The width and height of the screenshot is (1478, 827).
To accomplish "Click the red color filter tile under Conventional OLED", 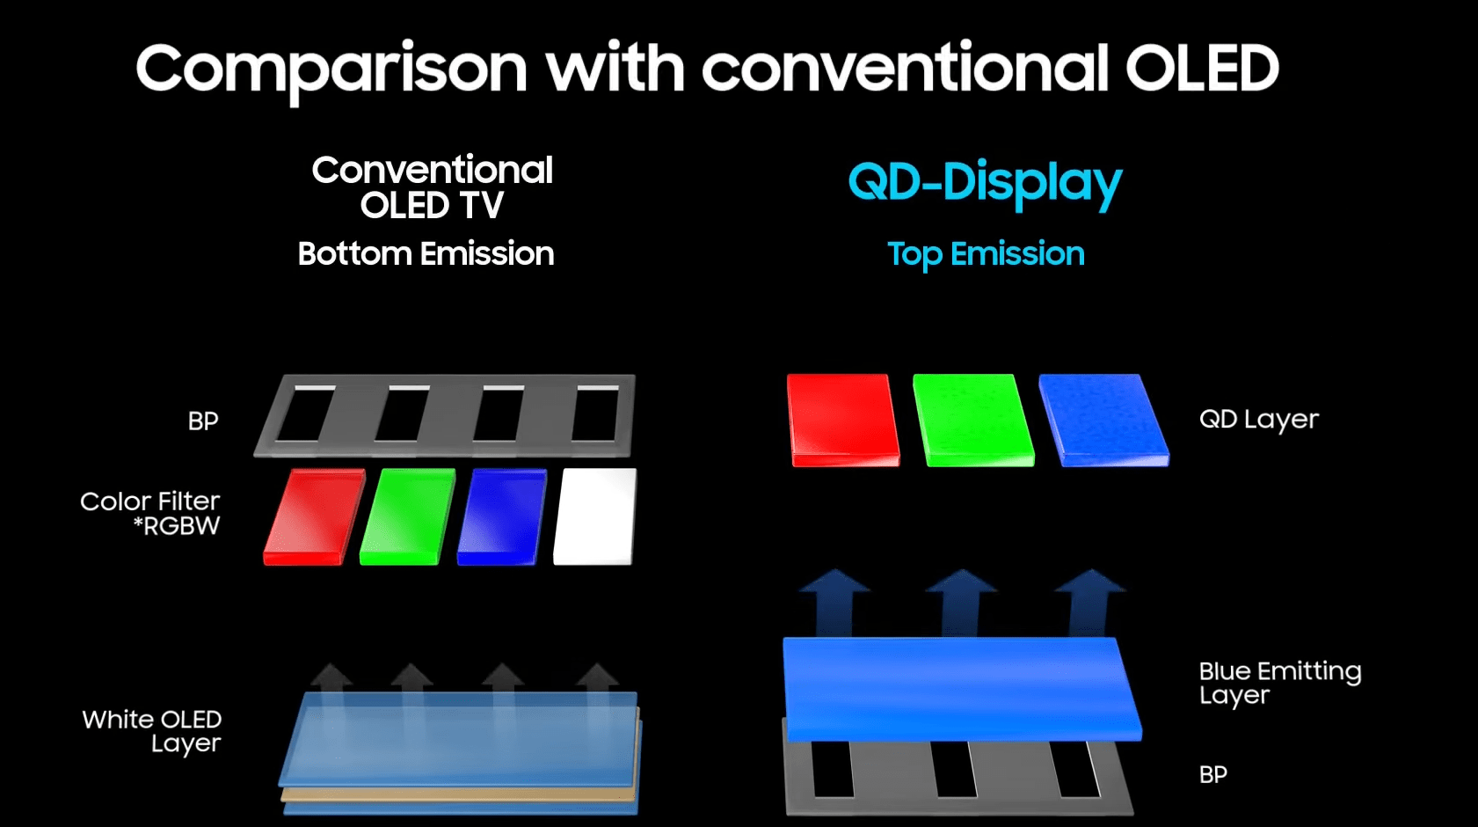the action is pyautogui.click(x=314, y=516).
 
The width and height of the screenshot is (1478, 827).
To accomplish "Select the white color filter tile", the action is pyautogui.click(x=595, y=516).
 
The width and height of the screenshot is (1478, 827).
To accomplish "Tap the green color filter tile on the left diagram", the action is pyautogui.click(x=408, y=516).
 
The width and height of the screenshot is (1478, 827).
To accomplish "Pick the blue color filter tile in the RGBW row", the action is pyautogui.click(x=502, y=516).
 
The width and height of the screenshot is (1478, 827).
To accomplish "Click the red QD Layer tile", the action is pyautogui.click(x=842, y=421).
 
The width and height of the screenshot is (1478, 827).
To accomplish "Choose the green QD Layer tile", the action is pyautogui.click(x=973, y=421).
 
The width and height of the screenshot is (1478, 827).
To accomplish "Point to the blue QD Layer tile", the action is pyautogui.click(x=1103, y=421).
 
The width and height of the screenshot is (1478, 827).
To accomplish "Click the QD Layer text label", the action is pyautogui.click(x=1259, y=420).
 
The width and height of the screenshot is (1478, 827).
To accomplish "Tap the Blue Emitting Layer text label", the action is pyautogui.click(x=1280, y=683).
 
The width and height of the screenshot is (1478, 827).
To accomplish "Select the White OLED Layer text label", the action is pyautogui.click(x=152, y=730).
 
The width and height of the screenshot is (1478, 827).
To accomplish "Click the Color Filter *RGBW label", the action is pyautogui.click(x=150, y=514).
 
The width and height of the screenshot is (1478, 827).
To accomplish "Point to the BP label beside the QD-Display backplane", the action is pyautogui.click(x=1212, y=774).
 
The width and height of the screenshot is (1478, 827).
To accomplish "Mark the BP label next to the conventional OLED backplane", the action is pyautogui.click(x=202, y=421).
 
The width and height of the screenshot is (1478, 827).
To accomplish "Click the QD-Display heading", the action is pyautogui.click(x=985, y=183).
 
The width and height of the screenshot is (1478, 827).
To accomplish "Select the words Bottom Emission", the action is pyautogui.click(x=426, y=254).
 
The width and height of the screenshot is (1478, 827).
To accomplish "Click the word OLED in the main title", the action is pyautogui.click(x=1202, y=68).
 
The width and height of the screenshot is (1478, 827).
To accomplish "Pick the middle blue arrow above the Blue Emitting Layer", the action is pyautogui.click(x=961, y=603).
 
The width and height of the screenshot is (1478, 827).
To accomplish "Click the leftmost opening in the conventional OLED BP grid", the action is pyautogui.click(x=306, y=413).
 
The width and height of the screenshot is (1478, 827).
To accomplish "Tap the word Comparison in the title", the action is pyautogui.click(x=331, y=71).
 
